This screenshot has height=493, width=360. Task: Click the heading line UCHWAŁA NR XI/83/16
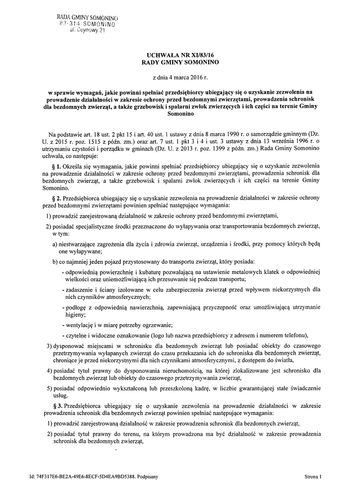[x=179, y=56]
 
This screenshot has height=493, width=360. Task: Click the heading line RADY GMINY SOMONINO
[x=179, y=63]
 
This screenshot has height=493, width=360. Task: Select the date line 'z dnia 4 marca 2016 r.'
[x=179, y=77]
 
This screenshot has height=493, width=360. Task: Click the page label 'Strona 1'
[x=313, y=477]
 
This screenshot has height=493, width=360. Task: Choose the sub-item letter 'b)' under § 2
[x=55, y=261]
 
